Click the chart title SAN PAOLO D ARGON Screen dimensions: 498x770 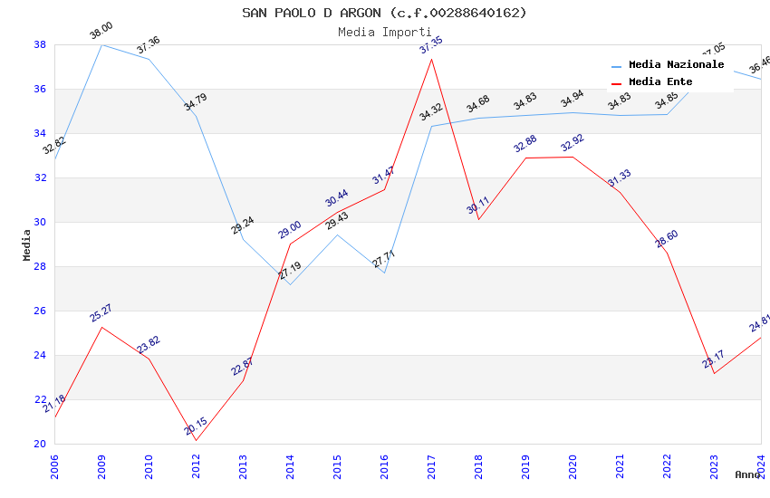point(384,13)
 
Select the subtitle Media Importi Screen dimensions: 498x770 point(384,32)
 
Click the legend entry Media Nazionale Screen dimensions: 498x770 point(676,65)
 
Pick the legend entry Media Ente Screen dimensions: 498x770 point(660,81)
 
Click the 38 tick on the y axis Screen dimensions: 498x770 point(40,44)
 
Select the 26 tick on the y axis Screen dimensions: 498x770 point(40,311)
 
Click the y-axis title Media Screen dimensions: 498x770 point(27,244)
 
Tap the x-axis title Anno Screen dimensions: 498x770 point(747,474)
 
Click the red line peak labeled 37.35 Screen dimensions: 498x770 point(431,59)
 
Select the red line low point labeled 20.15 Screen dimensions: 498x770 point(196,441)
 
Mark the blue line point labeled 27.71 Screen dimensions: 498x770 point(384,273)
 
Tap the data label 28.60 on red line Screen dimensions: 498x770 point(667,240)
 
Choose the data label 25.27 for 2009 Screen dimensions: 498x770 point(101,313)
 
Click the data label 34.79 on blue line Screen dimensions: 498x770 point(196,101)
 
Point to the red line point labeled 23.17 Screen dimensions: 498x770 point(714,374)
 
